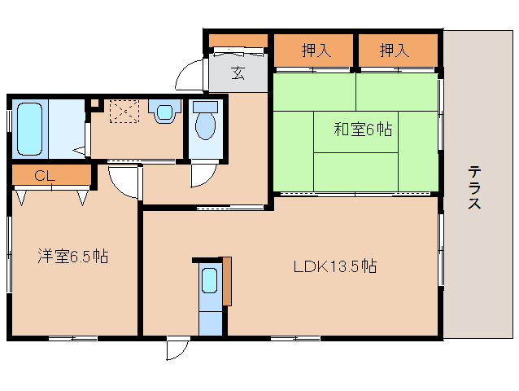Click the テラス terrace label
473,187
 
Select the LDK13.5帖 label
335,265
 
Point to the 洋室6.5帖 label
72,256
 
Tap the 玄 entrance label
238,73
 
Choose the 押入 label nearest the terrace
394,51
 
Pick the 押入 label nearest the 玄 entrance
316,51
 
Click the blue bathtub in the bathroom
30,130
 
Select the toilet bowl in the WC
203,123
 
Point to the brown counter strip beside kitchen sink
227,281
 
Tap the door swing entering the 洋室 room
123,182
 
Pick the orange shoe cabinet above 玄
238,41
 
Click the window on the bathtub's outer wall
9,129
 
